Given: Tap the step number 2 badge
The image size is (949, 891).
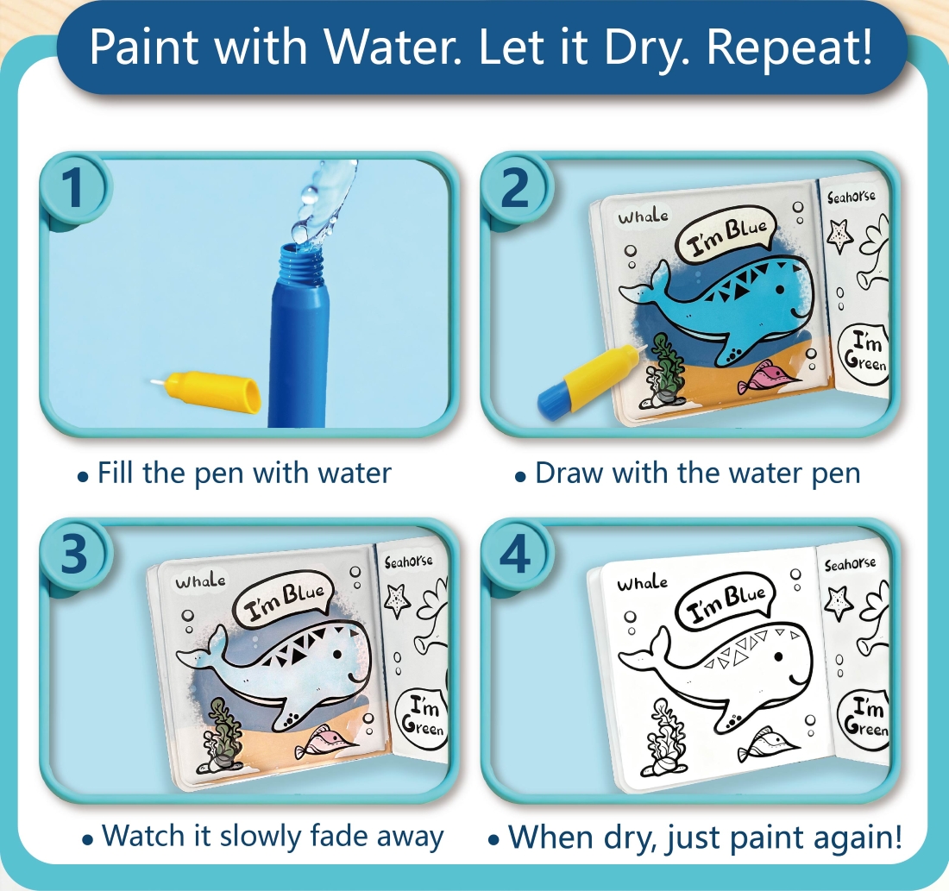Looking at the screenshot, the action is [516, 187].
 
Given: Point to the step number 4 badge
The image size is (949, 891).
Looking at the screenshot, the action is [516, 553].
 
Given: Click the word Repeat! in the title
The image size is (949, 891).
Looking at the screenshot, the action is [789, 47].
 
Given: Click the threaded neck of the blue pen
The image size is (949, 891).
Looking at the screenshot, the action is [301, 265].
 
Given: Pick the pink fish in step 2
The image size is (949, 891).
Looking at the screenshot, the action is [764, 376].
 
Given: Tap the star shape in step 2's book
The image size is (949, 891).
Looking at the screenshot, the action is [839, 235].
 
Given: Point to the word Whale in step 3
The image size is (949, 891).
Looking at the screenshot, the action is [200, 581].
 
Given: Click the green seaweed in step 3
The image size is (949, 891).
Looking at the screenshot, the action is [222, 731].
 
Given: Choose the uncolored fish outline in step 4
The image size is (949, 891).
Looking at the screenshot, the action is [765, 745].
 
